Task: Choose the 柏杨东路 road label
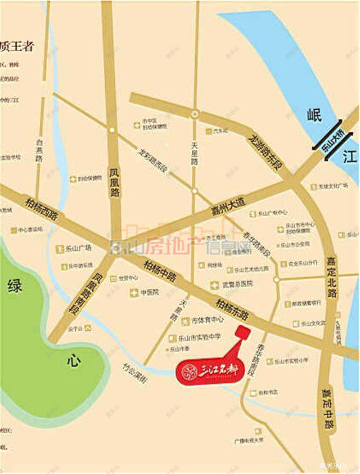(232, 310)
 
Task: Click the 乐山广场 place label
(78, 248)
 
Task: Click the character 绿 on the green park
(14, 286)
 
